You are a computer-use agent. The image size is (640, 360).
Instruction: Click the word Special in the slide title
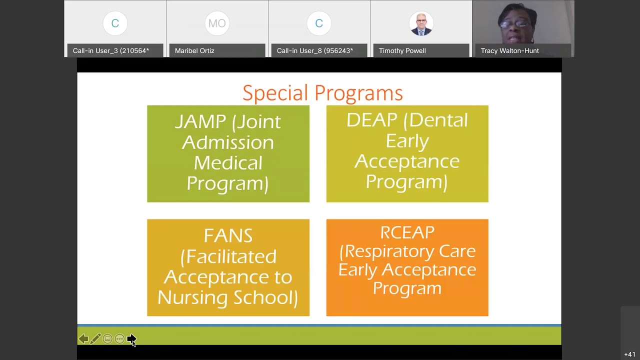tap(275, 93)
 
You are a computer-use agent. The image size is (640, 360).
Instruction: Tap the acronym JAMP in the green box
tap(200, 122)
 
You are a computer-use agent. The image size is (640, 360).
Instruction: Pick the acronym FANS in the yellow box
tap(228, 235)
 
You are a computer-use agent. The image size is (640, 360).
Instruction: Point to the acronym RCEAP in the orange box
tap(407, 232)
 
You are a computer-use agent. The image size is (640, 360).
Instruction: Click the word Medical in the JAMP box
tap(228, 163)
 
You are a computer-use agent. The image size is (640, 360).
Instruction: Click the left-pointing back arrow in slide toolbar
tap(83, 339)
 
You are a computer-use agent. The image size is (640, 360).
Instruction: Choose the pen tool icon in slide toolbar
tap(95, 339)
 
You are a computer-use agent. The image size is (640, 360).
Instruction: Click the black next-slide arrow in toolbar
tap(131, 339)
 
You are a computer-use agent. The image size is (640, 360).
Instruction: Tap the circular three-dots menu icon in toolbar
tap(119, 339)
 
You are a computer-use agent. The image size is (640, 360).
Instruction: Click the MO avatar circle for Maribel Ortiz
tap(217, 23)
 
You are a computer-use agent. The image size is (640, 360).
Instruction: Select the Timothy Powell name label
tap(402, 50)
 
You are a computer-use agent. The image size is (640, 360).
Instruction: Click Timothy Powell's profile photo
tap(421, 23)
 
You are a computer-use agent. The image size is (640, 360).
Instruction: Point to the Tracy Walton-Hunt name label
tap(509, 50)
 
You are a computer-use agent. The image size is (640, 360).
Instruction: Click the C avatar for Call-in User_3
tap(115, 23)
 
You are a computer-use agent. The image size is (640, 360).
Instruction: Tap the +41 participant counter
tap(629, 354)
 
